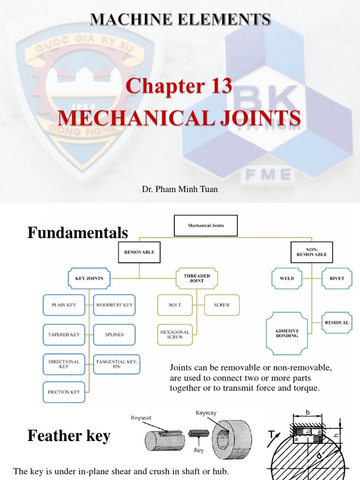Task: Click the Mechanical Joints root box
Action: coord(206,225)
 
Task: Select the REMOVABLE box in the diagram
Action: coord(139,252)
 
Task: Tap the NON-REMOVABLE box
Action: coord(312,252)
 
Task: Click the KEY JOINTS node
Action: coord(89,278)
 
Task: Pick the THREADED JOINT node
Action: coord(196,278)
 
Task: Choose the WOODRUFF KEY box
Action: coord(114,305)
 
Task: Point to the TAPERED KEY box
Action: coord(64,335)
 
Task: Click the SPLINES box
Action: coord(114,335)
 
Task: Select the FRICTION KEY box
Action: coord(64,392)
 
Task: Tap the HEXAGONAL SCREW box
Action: coord(175,334)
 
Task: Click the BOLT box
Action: coord(175,305)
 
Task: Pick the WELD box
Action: coord(287,278)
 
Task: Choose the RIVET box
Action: coord(337,278)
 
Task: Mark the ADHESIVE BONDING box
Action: coord(287,333)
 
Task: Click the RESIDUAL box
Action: coord(337,322)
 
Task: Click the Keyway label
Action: coord(205,413)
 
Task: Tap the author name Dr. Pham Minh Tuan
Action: coord(180,189)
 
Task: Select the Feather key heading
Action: coord(69,436)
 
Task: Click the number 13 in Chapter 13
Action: coord(215,87)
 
